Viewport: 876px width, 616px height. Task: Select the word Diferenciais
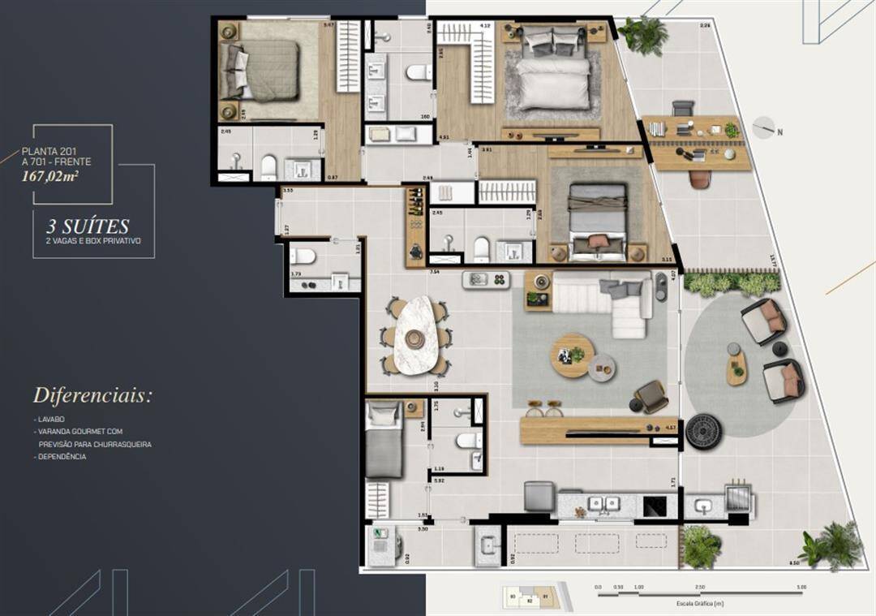92,396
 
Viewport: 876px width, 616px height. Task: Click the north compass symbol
763,128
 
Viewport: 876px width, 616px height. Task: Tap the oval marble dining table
414,334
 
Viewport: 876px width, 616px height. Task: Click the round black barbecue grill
703,432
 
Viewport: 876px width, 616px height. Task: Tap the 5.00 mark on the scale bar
801,586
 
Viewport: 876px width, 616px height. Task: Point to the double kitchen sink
602,504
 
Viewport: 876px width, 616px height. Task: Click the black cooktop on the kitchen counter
655,506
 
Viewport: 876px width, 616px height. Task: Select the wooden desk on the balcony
698,142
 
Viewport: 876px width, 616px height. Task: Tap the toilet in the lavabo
303,256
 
